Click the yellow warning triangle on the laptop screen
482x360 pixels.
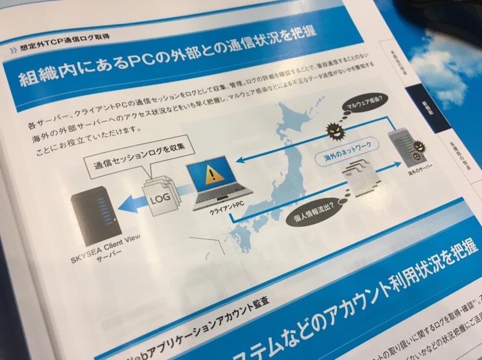211,174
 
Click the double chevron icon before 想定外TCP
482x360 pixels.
13,51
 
